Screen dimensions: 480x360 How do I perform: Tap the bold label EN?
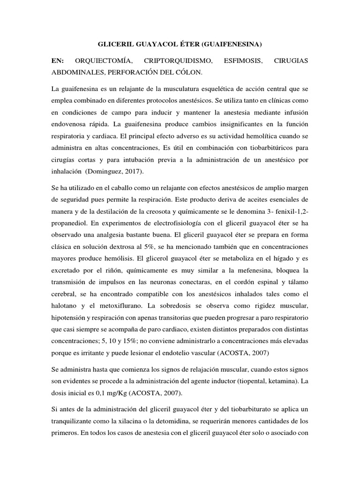click(x=58, y=61)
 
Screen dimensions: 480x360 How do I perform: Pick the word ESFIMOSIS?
click(x=242, y=61)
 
